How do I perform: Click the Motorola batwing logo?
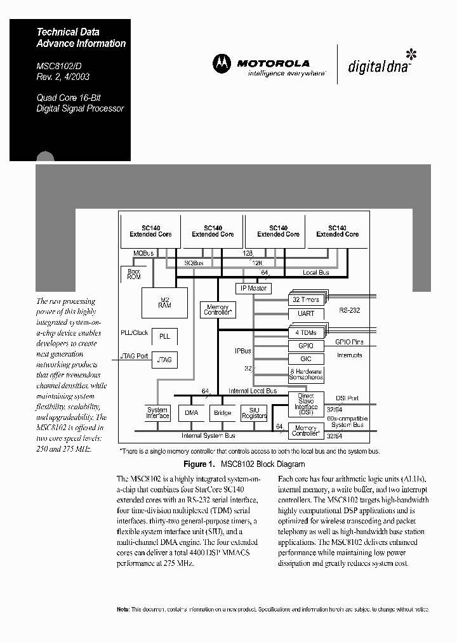click(222, 63)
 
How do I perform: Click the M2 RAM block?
click(165, 303)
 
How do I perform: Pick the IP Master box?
click(253, 288)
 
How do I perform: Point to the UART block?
click(306, 313)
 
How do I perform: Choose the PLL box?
click(164, 336)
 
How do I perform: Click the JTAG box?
click(164, 359)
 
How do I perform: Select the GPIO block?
click(306, 346)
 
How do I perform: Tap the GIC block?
click(306, 358)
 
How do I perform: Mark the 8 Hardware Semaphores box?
click(306, 374)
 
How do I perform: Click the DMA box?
click(191, 413)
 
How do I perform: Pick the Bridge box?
click(222, 413)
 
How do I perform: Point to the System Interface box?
click(157, 413)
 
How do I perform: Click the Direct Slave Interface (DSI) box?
click(306, 404)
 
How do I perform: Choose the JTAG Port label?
click(134, 356)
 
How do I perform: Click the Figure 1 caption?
click(244, 464)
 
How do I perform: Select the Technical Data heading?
click(68, 32)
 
